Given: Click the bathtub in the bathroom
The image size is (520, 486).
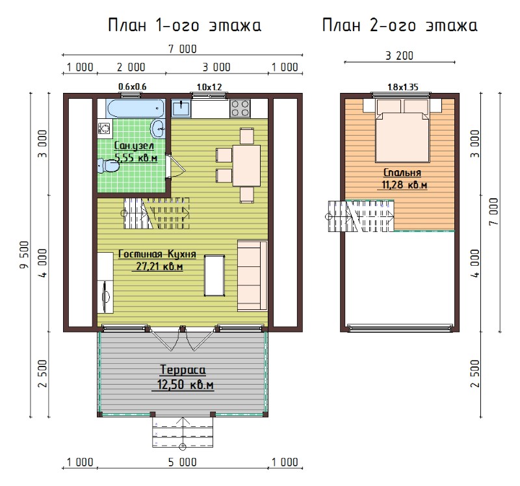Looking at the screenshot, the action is click(135, 108).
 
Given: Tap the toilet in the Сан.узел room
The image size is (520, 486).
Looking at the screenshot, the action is click(108, 165).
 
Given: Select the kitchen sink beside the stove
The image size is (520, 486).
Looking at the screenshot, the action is click(181, 109).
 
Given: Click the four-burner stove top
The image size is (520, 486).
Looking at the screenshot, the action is click(240, 109).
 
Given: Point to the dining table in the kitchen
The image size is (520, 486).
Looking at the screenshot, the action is click(246, 166).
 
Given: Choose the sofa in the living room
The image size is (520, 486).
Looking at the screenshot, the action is click(252, 275).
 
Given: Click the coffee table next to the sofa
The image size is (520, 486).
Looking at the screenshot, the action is click(214, 275).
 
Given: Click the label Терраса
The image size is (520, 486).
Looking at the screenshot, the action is click(183, 370).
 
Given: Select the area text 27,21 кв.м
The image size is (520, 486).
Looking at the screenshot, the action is click(159, 266).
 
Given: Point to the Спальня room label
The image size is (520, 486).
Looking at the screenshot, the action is click(402, 172).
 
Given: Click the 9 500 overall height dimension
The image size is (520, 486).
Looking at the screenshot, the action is click(25, 255).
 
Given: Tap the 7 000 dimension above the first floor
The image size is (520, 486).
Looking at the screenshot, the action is click(183, 49).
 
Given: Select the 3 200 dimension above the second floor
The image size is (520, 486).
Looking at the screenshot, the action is click(399, 56).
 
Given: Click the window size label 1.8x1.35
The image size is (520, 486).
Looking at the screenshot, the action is click(402, 87).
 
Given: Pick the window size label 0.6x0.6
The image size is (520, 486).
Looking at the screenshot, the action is click(133, 87).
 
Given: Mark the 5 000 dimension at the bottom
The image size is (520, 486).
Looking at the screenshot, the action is click(183, 462).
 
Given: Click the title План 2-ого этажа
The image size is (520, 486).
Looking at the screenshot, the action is click(400, 25).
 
